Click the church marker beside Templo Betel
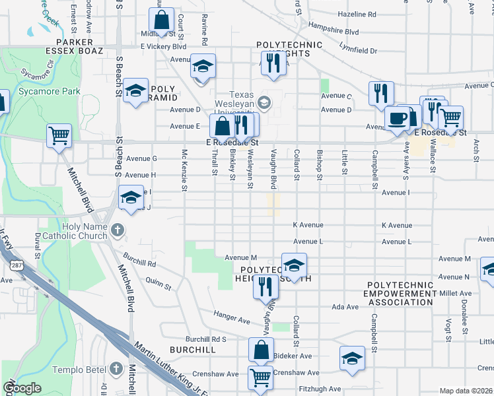tap(116, 367)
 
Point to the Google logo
tap(22, 388)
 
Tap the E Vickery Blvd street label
tap(163, 47)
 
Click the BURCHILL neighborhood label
tap(192, 349)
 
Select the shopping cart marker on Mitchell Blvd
tap(59, 137)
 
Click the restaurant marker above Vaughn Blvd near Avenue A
tap(272, 63)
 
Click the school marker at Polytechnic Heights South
tap(294, 265)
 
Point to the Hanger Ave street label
tap(231, 321)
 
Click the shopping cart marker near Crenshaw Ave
tap(260, 378)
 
